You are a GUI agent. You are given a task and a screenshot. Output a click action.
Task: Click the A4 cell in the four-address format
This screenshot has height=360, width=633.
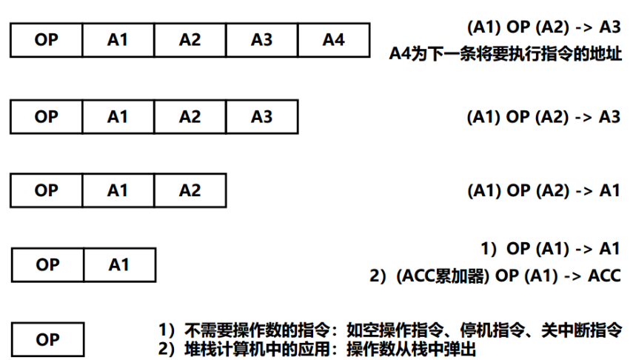coord(333,40)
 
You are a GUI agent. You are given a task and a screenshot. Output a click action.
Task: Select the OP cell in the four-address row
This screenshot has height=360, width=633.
coord(46,40)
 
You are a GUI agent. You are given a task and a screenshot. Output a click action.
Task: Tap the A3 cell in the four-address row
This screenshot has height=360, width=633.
coord(261,40)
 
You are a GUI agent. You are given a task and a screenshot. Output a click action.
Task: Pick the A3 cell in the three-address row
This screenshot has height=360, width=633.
coord(261,116)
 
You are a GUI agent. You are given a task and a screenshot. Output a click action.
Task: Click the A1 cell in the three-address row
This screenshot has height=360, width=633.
coord(118,116)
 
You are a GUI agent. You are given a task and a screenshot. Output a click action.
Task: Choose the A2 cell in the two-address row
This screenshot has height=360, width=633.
coord(190,190)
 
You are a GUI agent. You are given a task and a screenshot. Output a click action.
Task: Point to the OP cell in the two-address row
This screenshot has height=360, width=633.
coord(46,190)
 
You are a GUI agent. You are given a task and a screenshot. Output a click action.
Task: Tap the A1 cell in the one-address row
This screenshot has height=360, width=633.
coord(119,264)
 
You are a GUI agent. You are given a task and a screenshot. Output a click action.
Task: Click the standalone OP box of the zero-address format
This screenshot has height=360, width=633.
coord(48,339)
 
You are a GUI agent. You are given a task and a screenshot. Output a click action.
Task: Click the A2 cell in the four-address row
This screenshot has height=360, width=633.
coord(190,40)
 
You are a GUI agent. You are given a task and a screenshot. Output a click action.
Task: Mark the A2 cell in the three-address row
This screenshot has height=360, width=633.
coord(190,116)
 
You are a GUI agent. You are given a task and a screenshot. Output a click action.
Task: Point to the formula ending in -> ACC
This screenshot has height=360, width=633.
coord(495,276)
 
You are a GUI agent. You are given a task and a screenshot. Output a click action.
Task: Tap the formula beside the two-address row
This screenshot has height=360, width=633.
coord(543,190)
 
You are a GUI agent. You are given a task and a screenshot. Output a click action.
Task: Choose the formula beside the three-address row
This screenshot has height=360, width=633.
coord(543,116)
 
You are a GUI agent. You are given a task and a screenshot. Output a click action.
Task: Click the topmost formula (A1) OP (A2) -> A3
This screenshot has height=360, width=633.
coord(543,27)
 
